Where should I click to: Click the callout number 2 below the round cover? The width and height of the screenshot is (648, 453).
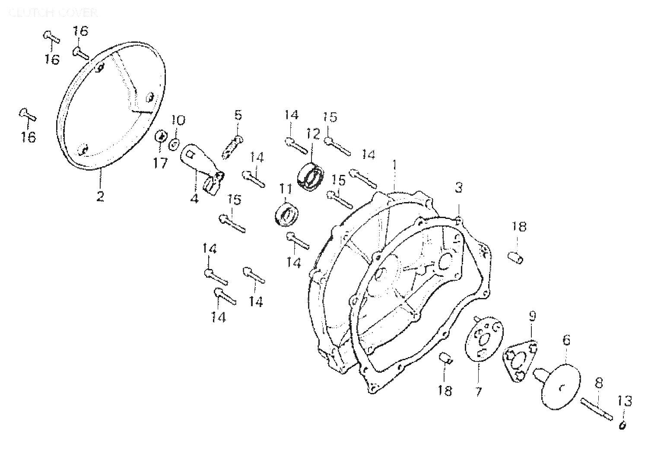(x=100, y=196)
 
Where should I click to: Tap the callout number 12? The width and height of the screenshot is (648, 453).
(x=313, y=134)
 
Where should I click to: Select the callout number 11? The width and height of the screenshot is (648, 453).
(x=286, y=189)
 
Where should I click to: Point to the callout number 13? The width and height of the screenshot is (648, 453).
(x=625, y=401)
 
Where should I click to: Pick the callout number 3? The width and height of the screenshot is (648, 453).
(x=459, y=188)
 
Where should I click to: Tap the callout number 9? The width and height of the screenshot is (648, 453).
(x=532, y=317)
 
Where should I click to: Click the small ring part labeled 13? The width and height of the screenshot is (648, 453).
(x=623, y=426)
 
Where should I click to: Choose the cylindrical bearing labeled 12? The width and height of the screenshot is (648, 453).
(x=311, y=176)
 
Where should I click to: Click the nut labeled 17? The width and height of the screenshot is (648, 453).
(x=160, y=136)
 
